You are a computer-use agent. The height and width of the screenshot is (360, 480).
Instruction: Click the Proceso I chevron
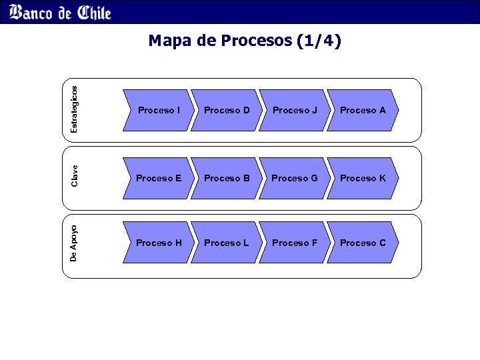[159, 110]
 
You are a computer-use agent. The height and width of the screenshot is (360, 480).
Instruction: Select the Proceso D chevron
[227, 110]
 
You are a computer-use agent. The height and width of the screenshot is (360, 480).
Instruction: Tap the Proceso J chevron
[295, 110]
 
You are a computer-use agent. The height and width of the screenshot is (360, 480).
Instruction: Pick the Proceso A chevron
[363, 110]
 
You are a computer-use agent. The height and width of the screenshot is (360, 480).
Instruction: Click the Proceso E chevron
[159, 178]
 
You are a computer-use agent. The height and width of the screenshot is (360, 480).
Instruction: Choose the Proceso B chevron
[227, 178]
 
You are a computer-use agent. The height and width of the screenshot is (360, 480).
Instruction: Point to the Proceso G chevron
[295, 178]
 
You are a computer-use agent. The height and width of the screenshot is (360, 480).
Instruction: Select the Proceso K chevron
[363, 178]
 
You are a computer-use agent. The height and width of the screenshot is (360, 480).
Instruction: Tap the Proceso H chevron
[159, 243]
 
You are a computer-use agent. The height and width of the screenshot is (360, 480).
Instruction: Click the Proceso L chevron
[227, 243]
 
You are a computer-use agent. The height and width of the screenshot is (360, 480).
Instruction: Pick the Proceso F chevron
[295, 243]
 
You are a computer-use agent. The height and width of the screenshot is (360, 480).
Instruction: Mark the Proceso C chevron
[363, 243]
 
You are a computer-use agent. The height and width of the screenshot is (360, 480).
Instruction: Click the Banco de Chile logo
[61, 12]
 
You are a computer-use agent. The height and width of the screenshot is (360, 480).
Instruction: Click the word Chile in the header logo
[93, 12]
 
